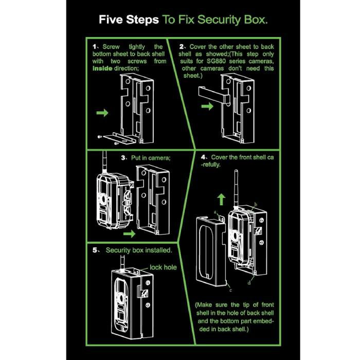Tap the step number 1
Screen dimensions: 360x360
pos(95,46)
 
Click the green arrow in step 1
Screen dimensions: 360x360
pos(103,113)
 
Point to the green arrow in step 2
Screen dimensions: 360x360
pos(208,106)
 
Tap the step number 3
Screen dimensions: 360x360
pos(124,158)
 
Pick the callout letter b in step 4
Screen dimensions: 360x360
pos(256,205)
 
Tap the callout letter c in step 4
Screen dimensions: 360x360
pos(228,283)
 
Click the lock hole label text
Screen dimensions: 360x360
pos(163,267)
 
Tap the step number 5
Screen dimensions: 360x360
pos(95,250)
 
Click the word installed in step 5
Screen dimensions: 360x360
pos(157,250)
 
